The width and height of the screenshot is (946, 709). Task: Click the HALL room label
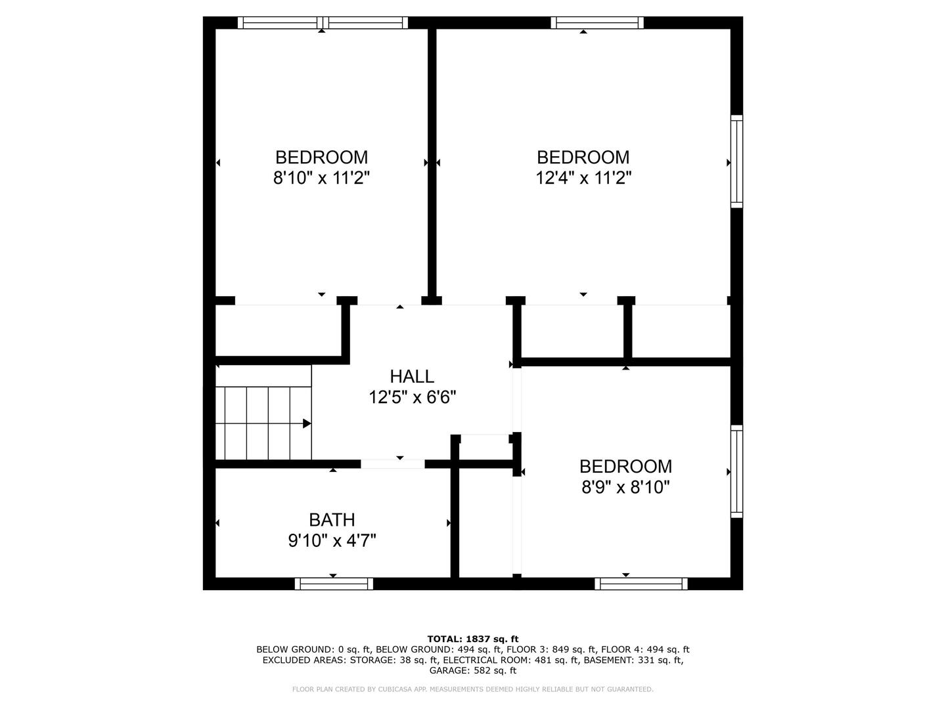412,377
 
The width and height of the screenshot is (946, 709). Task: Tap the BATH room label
332,520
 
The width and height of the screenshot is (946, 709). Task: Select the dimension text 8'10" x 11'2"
321,177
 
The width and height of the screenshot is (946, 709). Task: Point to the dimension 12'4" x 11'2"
583,177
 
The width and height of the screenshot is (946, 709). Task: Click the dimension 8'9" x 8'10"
625,487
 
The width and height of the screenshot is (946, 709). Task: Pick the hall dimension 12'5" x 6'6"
412,397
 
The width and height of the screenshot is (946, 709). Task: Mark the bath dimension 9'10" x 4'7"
332,540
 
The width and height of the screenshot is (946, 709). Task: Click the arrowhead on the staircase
307,423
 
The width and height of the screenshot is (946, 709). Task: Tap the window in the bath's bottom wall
334,584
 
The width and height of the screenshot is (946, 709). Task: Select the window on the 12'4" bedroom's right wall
736,161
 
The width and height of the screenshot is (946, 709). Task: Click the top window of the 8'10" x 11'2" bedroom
323,22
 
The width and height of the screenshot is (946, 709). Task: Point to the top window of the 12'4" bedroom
597,22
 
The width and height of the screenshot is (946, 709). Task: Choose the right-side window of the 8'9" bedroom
736,472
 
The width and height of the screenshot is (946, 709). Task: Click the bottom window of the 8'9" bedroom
641,584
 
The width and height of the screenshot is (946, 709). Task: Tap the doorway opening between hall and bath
393,463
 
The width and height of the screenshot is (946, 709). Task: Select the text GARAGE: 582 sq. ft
473,670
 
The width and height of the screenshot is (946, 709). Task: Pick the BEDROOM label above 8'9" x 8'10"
625,467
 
